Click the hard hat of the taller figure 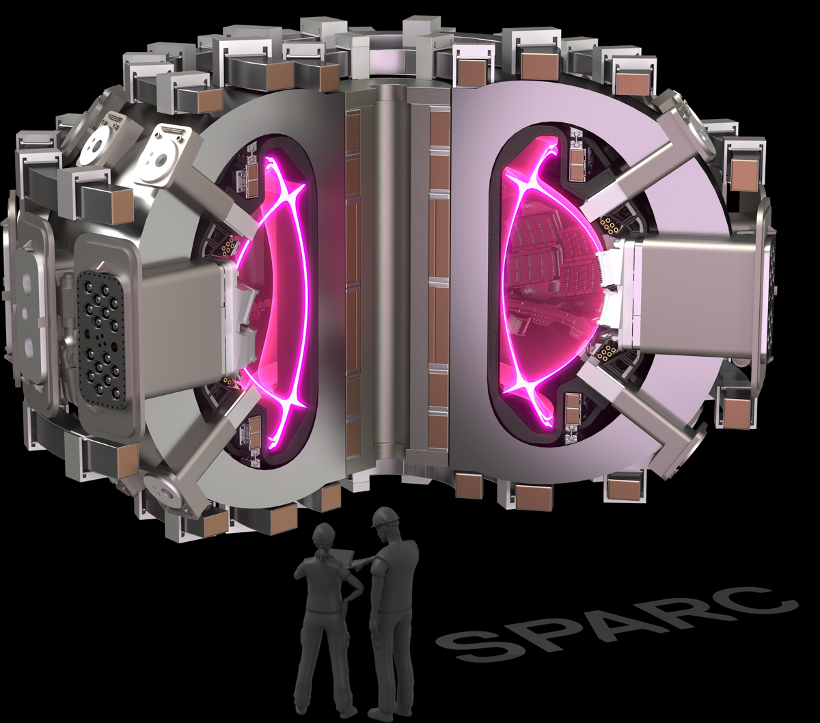384,517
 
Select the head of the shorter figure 323,536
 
